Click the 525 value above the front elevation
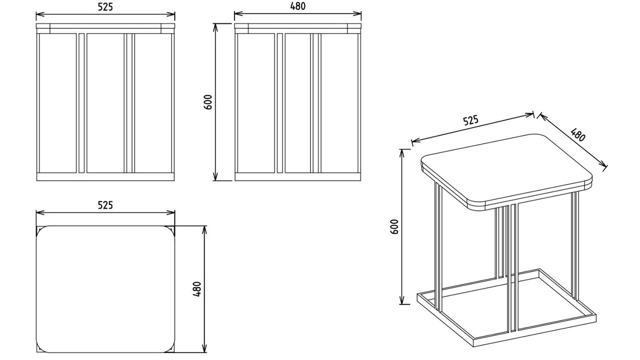pos(105,6)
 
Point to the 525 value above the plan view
pos(105,205)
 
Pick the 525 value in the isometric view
pos(470,121)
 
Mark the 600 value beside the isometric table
pos(394,227)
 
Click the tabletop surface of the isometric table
pos(505,167)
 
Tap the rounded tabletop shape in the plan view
pos(105,289)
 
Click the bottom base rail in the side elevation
pos(297,176)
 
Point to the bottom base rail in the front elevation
pos(105,176)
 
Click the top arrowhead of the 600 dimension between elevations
pos(216,25)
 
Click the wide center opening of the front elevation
pos(105,102)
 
